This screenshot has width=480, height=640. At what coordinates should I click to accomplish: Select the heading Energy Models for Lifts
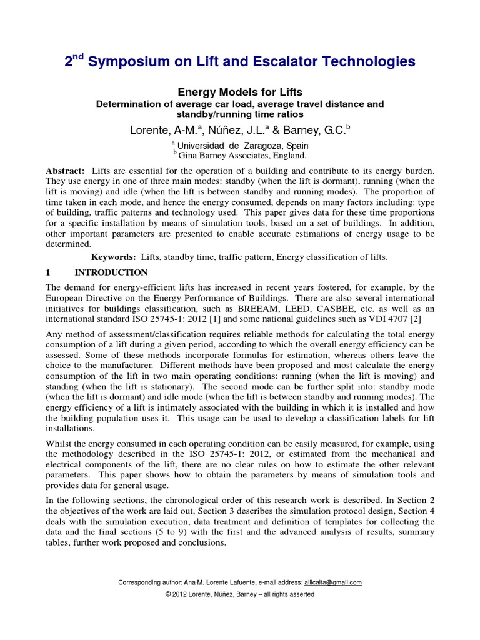point(240,92)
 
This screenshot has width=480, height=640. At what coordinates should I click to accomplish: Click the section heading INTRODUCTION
point(111,272)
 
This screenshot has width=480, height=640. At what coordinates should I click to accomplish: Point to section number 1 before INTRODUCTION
point(49,272)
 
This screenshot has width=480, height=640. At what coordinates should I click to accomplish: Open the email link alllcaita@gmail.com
point(332,582)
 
